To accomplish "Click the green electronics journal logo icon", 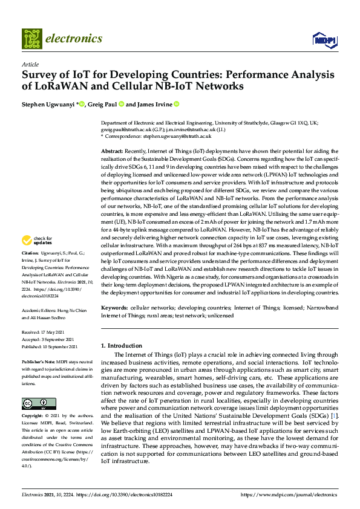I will (x=31, y=39).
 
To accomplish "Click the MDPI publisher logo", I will (x=324, y=40).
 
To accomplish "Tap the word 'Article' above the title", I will (x=30, y=64).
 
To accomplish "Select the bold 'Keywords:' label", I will (x=114, y=308).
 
